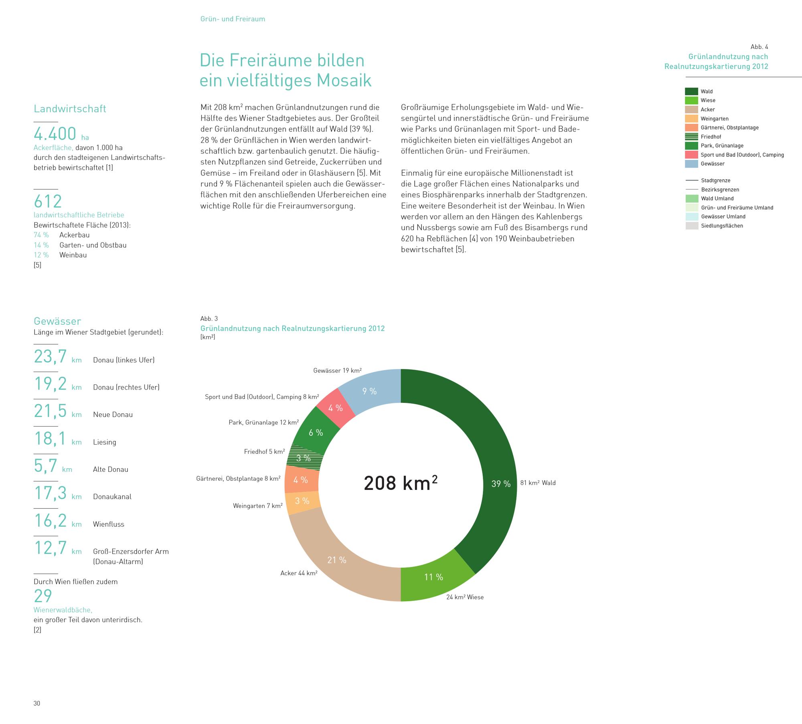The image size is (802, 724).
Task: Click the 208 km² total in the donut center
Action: click(401, 483)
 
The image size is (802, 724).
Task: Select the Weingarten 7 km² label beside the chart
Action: click(258, 506)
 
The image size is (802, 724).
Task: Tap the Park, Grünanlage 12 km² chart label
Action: click(264, 423)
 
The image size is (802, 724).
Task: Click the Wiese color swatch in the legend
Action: click(692, 100)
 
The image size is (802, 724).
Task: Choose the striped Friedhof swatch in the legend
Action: click(692, 137)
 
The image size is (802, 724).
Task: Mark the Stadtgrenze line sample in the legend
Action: click(692, 180)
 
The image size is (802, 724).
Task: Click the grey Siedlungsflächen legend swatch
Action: click(692, 226)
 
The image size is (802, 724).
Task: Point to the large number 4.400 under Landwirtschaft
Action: click(55, 133)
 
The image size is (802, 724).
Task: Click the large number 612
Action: click(48, 201)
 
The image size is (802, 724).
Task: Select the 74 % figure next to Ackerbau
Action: click(41, 235)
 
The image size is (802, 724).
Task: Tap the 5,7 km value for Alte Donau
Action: click(53, 466)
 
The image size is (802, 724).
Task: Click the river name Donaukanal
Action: click(112, 497)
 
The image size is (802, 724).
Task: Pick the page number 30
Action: click(37, 704)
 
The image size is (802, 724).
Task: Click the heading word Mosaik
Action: click(344, 80)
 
